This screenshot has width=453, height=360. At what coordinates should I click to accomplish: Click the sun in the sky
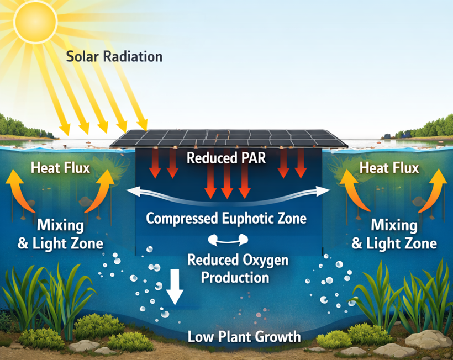coord(35,21)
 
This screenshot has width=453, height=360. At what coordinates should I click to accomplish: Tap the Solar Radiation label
coord(114,56)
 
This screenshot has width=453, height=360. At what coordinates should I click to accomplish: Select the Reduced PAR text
coord(226,158)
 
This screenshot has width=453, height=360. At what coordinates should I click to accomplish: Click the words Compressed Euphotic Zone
coord(226,218)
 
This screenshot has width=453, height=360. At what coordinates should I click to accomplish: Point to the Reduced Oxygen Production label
coord(238,268)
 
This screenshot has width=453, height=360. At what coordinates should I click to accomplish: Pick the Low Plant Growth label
coord(244,337)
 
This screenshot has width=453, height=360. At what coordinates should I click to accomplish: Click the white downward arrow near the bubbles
coord(175,287)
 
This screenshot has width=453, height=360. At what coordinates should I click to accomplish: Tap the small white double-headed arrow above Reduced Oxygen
coord(228,240)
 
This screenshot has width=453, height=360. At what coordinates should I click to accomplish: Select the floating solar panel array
coord(229,138)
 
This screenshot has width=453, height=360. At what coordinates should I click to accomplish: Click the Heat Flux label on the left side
coord(60,168)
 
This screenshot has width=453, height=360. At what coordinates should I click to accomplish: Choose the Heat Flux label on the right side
coord(389,168)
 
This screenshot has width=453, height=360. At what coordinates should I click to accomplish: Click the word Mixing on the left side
coord(60,225)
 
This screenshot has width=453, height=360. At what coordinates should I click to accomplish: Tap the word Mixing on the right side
coord(394,225)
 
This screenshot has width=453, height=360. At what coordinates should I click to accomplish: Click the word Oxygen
coord(266,261)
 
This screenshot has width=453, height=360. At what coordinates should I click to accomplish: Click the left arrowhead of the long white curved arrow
coord(133,192)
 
